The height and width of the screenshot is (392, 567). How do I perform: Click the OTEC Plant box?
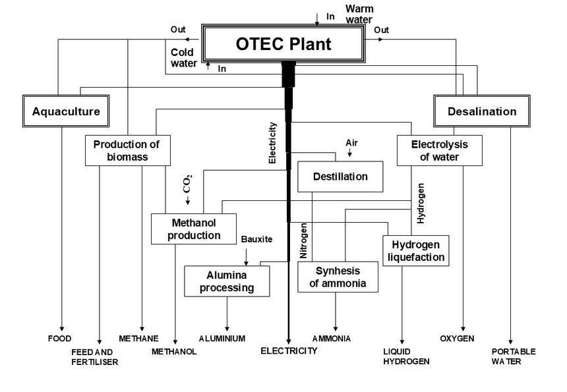click(x=283, y=44)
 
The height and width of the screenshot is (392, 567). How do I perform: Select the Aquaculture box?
click(x=66, y=111)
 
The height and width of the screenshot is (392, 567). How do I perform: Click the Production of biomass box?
click(x=128, y=150)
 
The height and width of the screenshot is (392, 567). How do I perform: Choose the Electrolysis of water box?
click(x=439, y=150)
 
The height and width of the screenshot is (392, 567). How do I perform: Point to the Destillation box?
click(x=340, y=177)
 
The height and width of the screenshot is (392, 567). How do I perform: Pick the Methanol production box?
click(x=194, y=229)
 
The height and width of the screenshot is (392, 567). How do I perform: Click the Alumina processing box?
click(x=227, y=281)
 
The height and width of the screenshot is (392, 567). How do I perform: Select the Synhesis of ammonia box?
click(x=338, y=277)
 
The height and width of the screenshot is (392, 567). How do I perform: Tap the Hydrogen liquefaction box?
click(x=415, y=250)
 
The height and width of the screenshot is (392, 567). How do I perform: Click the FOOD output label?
click(x=59, y=339)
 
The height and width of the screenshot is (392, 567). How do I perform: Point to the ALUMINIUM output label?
click(x=222, y=339)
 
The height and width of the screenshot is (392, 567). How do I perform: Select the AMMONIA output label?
click(x=332, y=339)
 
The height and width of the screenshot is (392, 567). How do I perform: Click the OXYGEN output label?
click(x=457, y=339)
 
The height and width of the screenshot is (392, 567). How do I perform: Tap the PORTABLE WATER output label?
click(x=514, y=356)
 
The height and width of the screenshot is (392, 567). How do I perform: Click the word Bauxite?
click(x=257, y=238)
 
